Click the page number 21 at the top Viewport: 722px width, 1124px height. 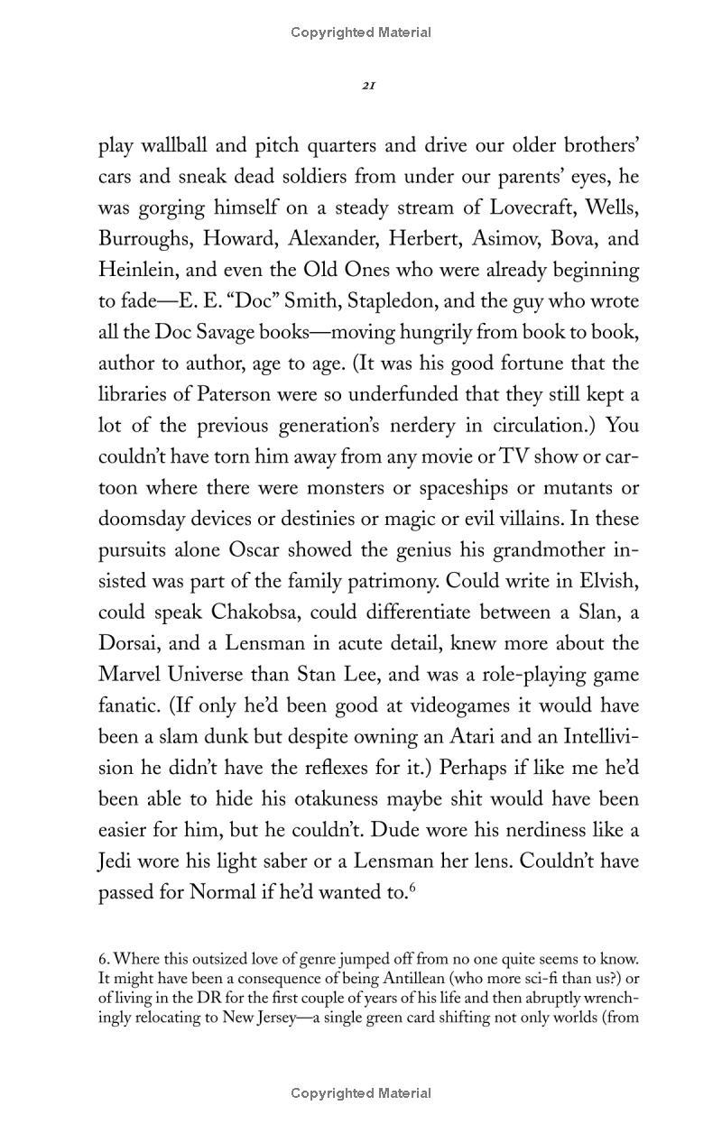pyautogui.click(x=368, y=86)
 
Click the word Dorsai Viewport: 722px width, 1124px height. pyautogui.click(x=127, y=643)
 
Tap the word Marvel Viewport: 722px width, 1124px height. pyautogui.click(x=128, y=675)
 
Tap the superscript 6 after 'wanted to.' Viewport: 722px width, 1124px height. pyautogui.click(x=412, y=888)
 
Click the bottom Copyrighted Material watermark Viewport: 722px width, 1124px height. pyautogui.click(x=361, y=1093)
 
